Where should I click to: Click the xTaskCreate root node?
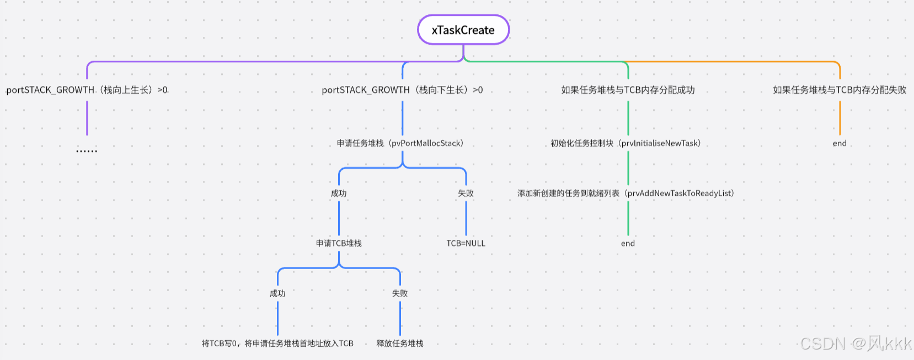tap(463, 30)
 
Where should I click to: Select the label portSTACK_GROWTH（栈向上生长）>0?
tap(87, 90)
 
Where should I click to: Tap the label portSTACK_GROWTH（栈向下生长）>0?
tap(402, 90)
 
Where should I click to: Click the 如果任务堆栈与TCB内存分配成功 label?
tap(628, 90)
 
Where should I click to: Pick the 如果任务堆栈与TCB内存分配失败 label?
tap(840, 90)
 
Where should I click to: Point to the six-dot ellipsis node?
tap(87, 150)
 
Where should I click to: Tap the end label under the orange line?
tap(840, 143)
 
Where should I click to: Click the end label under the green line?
tap(628, 244)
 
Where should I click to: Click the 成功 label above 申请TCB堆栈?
tap(339, 194)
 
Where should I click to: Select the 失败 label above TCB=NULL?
tap(466, 194)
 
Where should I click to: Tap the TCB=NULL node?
tap(466, 244)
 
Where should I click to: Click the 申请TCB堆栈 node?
tap(339, 244)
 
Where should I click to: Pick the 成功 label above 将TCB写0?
tap(277, 294)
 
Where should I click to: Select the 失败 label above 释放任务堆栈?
tap(400, 294)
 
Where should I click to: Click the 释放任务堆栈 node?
tap(400, 343)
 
